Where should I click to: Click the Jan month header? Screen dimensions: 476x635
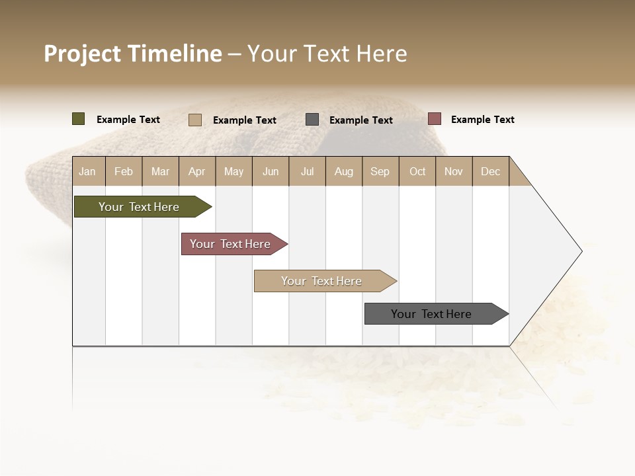click(87, 171)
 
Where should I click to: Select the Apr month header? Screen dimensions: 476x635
click(196, 171)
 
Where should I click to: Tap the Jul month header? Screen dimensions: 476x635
click(307, 171)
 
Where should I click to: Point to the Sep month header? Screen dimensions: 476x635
click(380, 171)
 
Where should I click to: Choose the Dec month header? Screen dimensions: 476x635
click(490, 171)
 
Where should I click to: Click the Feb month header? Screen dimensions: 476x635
click(124, 171)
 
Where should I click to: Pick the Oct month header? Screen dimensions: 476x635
click(417, 171)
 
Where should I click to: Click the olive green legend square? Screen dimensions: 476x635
click(78, 119)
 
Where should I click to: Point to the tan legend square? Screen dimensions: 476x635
click(194, 120)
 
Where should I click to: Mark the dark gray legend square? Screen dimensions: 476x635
click(312, 120)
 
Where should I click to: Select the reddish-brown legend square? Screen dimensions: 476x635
click(434, 119)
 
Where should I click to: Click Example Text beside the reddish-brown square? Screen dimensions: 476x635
click(482, 120)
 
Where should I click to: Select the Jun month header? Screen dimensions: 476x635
click(271, 171)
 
